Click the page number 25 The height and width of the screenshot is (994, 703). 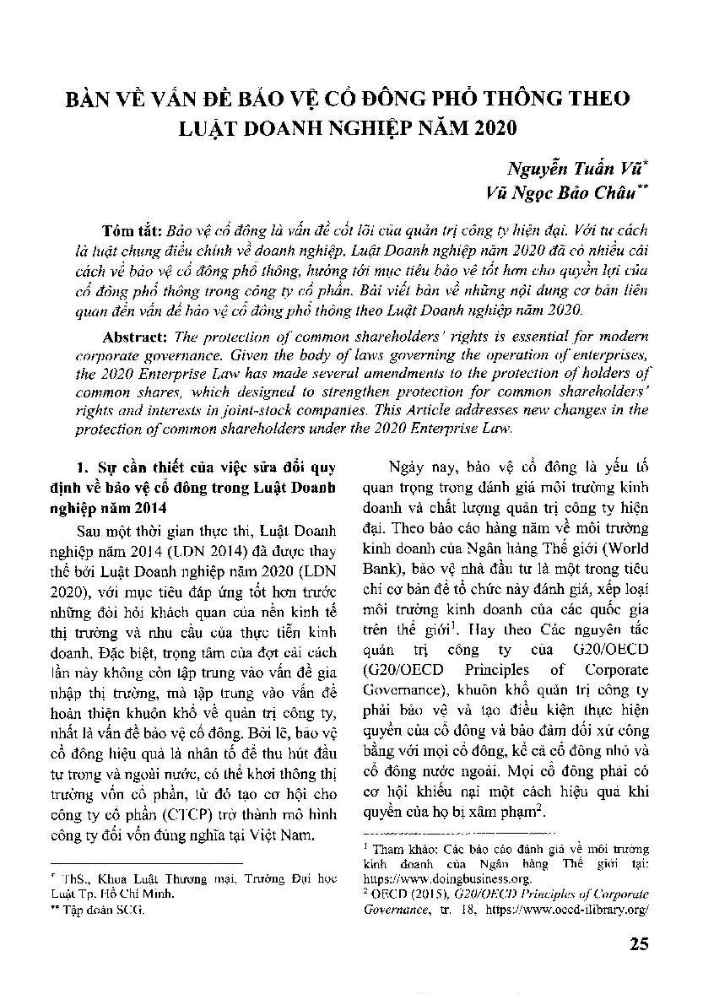tap(639, 943)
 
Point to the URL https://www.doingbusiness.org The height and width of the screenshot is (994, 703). tap(438, 878)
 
